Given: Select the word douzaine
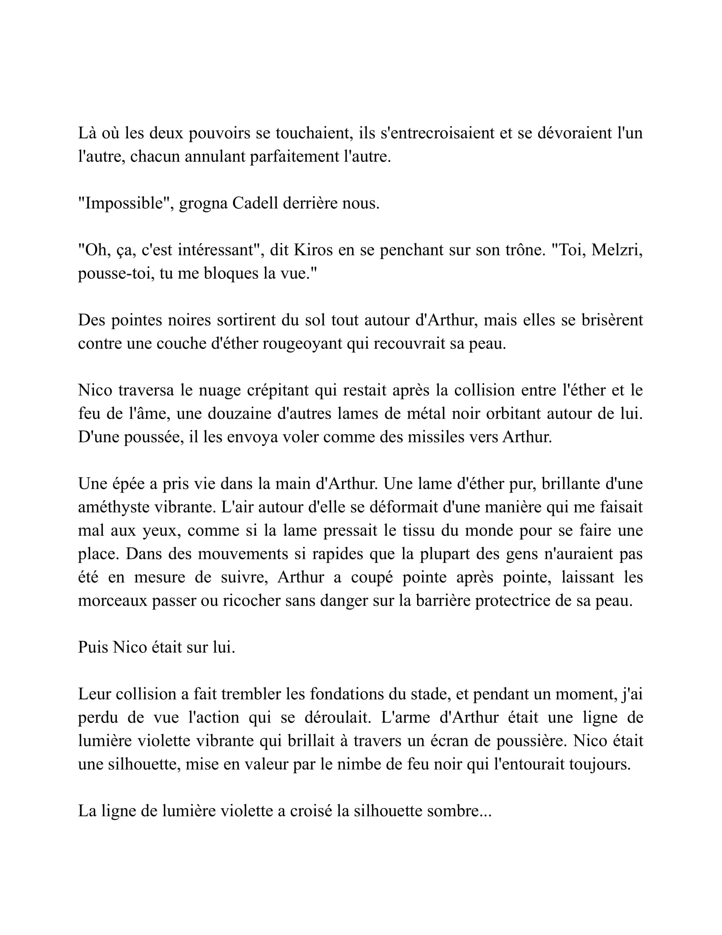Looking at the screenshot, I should coord(237,414).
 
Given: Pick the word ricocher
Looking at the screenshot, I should coord(243,601).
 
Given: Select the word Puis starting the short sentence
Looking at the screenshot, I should coord(93,648).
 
